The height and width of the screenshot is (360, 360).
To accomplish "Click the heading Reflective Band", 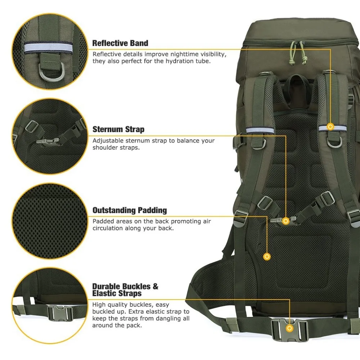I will (120, 43).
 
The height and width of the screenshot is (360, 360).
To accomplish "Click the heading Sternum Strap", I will (118, 129).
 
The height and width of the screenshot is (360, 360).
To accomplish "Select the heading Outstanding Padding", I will (130, 210).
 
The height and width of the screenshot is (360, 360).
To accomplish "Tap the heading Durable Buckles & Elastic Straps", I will (125, 290).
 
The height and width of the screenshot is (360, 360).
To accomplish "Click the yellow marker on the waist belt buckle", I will (289, 328).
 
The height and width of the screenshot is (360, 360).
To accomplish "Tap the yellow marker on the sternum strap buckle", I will (286, 220).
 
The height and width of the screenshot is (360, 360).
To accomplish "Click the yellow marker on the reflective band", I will (330, 127).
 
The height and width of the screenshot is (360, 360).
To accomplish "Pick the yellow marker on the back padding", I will (267, 256).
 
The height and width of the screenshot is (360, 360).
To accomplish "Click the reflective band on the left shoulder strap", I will (260, 130).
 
